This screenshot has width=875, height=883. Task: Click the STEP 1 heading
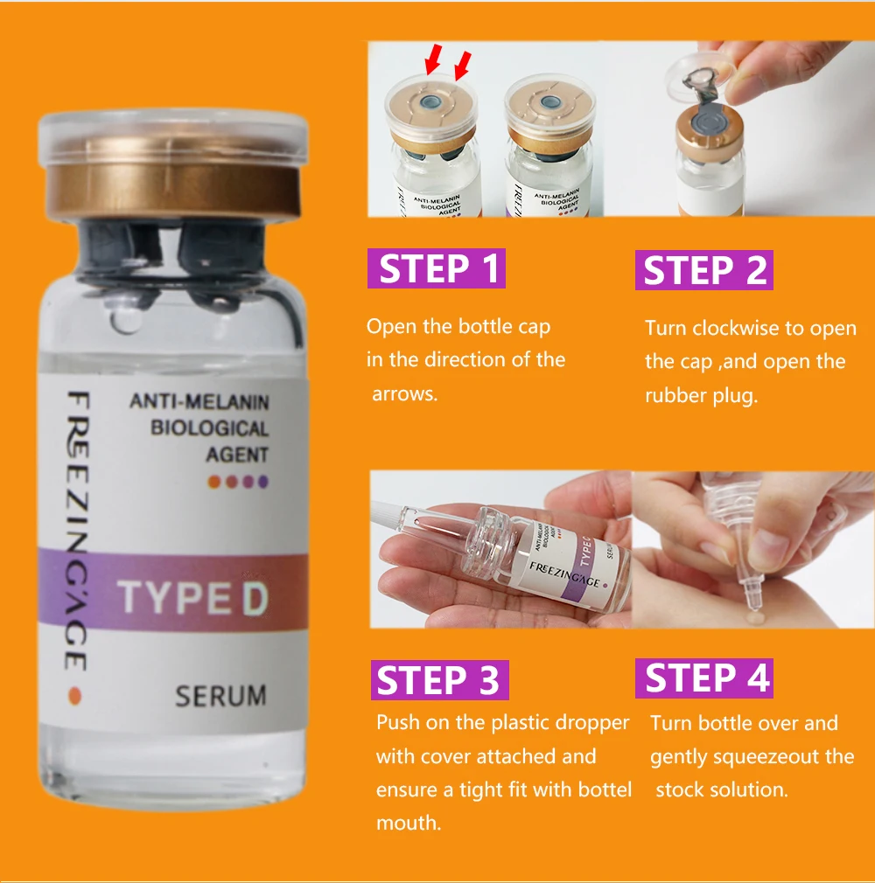[x=437, y=268]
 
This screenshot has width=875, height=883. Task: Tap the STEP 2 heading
[x=704, y=270]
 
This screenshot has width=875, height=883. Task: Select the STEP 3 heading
[x=440, y=679]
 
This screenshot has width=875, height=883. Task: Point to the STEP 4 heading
[x=704, y=678]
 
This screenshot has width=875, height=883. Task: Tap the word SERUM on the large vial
[x=220, y=696]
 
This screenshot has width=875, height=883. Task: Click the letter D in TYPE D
[x=255, y=597]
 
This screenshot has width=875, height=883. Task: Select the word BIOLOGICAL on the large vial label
[x=210, y=428]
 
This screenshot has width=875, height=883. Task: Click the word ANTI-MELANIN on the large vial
[x=199, y=401]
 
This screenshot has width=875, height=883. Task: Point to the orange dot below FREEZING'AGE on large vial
[x=75, y=697]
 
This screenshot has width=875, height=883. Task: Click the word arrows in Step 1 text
[x=404, y=393]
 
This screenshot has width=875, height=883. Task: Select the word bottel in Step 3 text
[x=604, y=789]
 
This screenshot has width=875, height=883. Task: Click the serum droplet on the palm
[x=753, y=619]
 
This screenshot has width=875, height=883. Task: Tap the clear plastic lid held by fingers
[x=702, y=73]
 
